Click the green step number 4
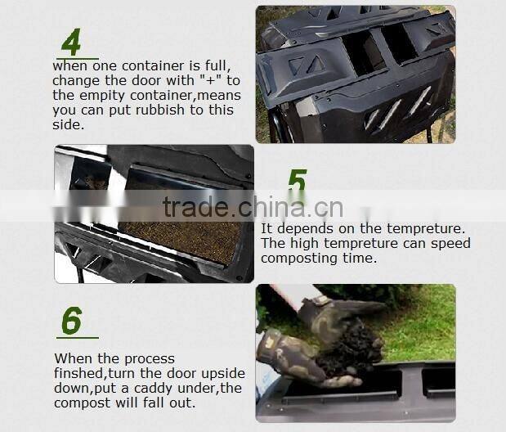coord(71,42)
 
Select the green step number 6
coord(72,321)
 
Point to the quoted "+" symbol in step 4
coord(211,80)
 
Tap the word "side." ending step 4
coord(69,124)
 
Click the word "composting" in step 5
coord(299,259)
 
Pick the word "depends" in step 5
coord(305,229)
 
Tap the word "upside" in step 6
coord(223,374)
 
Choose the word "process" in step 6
coord(150,359)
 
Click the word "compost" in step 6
coord(83,403)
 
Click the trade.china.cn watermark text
coord(253,207)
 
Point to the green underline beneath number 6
coord(78,338)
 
